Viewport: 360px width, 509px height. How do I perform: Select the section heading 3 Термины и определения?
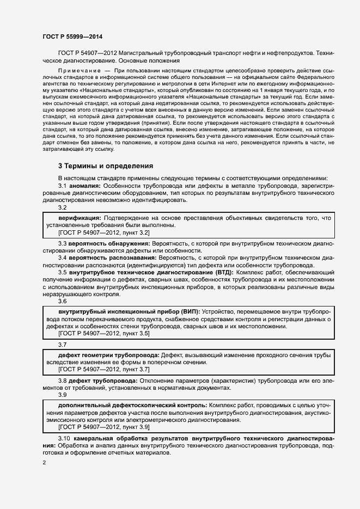[x=106, y=165]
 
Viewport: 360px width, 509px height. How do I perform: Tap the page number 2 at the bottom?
[x=44, y=463]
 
